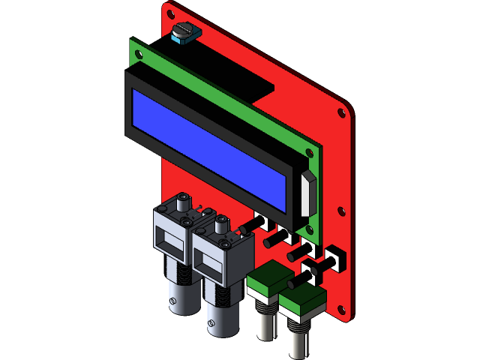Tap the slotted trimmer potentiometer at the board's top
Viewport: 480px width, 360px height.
click(x=182, y=33)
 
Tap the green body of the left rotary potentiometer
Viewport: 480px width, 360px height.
click(x=266, y=282)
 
